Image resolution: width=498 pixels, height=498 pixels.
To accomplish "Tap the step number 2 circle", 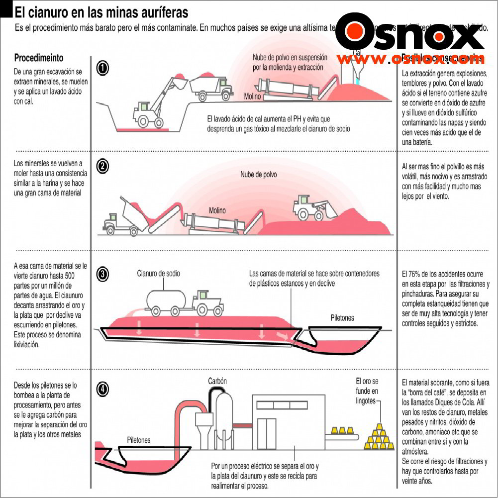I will click(x=102, y=167).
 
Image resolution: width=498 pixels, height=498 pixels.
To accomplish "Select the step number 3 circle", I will click(x=102, y=274).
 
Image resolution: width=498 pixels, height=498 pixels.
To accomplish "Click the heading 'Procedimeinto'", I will click(x=39, y=58).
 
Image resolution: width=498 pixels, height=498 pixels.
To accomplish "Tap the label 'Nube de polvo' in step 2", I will click(x=258, y=175).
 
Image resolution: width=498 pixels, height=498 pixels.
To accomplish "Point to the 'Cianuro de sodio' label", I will click(x=159, y=274).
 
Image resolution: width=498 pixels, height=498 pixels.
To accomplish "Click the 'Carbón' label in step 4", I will click(x=217, y=381).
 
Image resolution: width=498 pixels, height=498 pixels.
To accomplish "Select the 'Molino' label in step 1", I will click(x=252, y=97).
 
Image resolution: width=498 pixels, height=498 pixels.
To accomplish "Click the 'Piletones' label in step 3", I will click(x=342, y=317).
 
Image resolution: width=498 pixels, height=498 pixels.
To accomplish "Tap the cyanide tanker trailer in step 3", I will click(x=166, y=300).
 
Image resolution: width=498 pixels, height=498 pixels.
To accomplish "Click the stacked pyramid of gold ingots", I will click(x=380, y=437).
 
